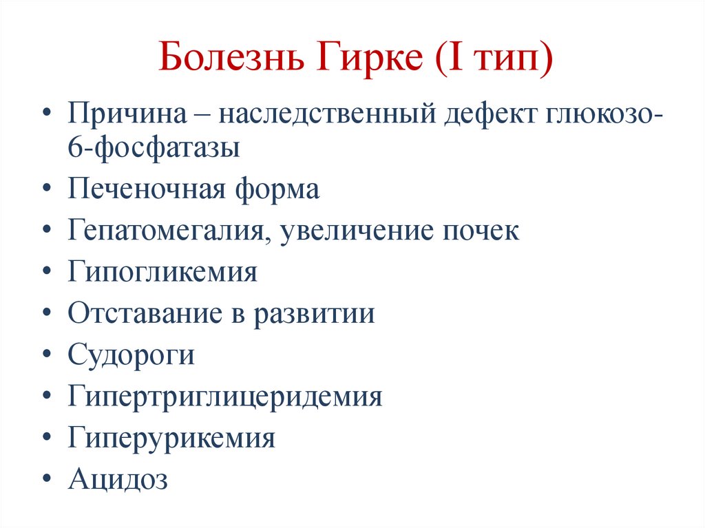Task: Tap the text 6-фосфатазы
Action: pos(154,148)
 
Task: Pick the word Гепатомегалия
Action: pos(169,231)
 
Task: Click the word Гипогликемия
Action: pos(162,273)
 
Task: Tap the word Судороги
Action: pos(131,355)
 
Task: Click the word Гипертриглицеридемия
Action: pos(225,397)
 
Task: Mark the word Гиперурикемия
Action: pos(171,438)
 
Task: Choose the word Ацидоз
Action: pos(118,479)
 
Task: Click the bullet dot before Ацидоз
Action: pos(45,479)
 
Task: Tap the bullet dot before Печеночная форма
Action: pos(45,189)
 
